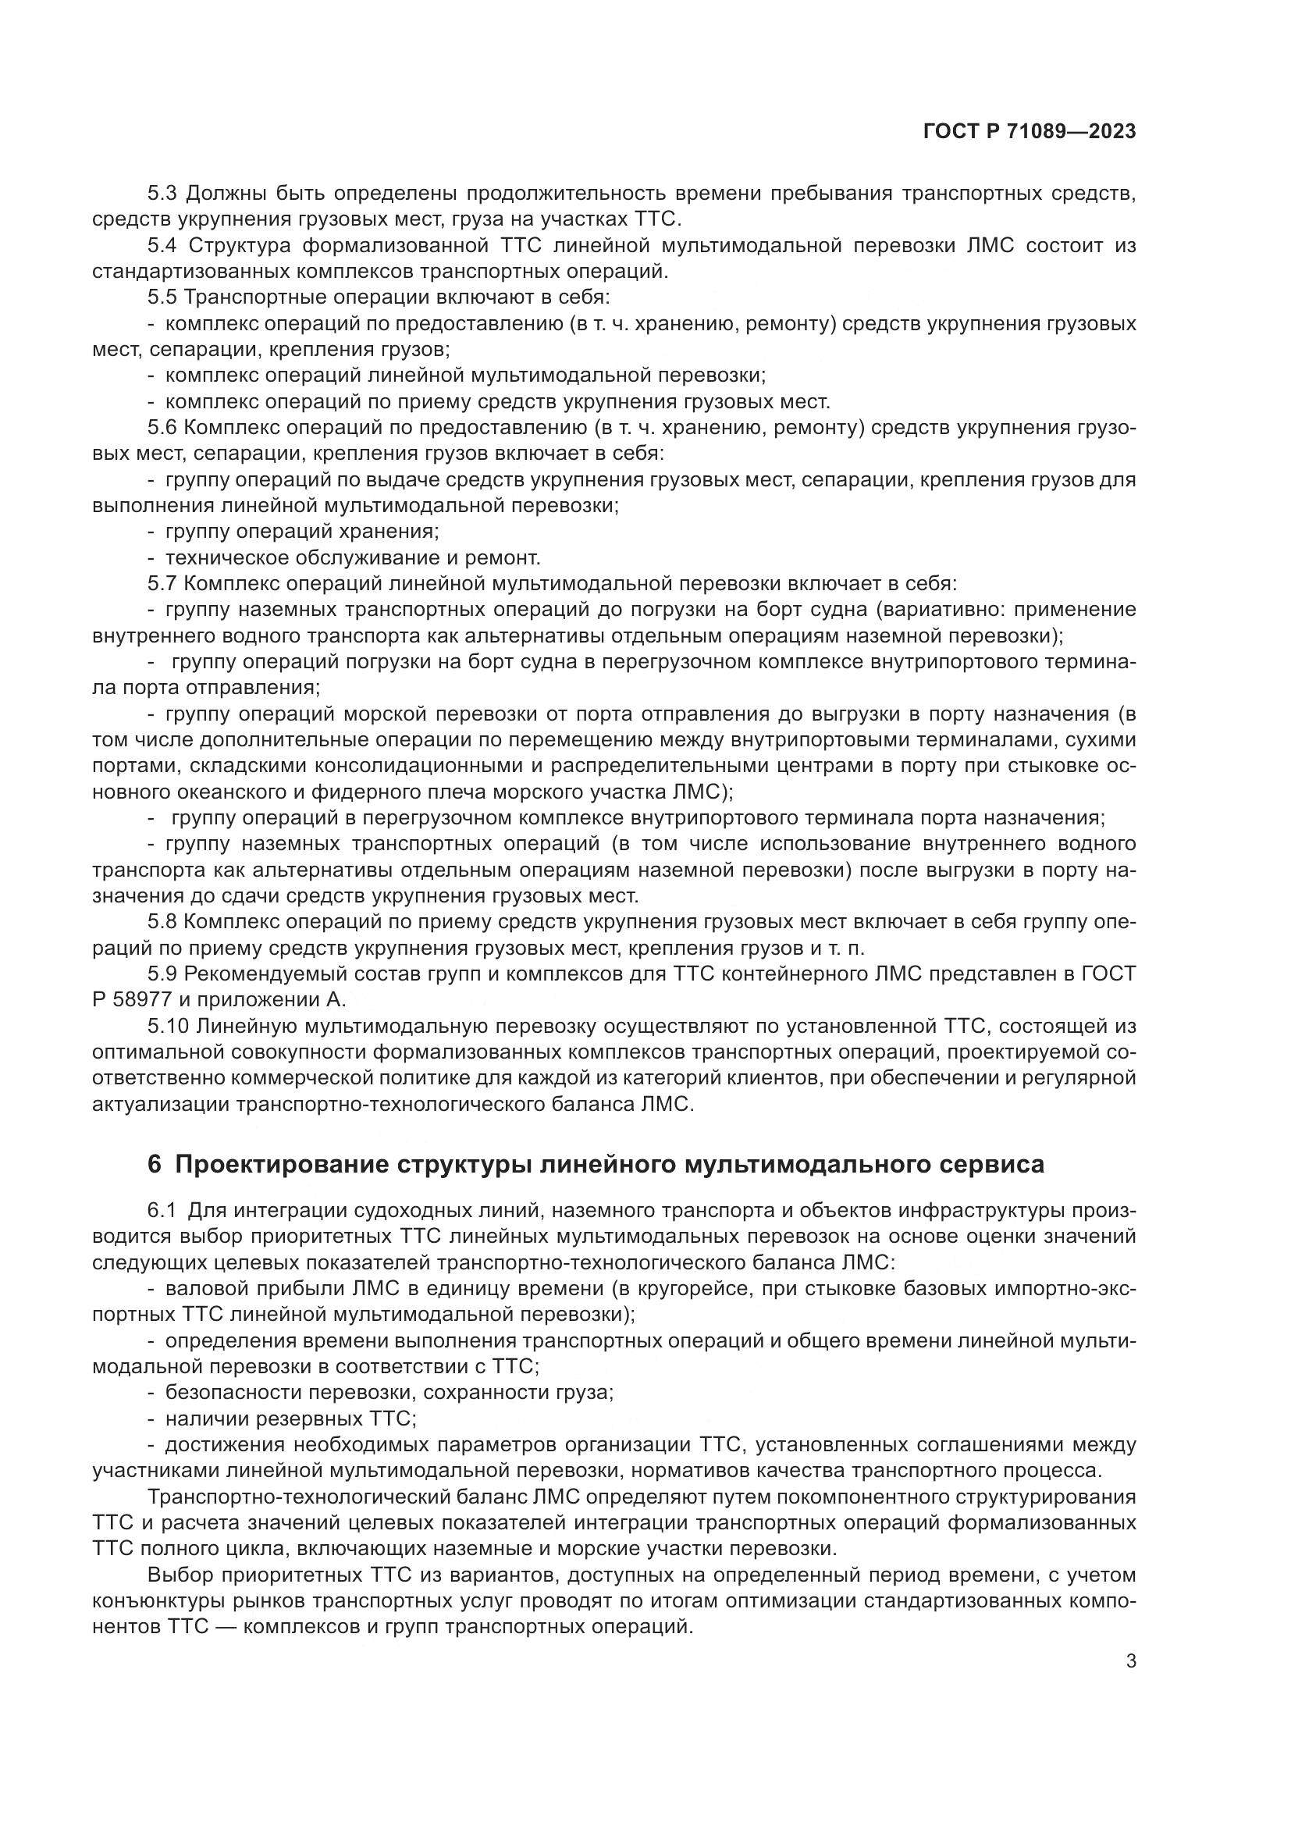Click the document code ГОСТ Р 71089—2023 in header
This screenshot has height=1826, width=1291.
(x=1030, y=132)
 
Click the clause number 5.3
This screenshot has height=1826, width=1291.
(x=162, y=194)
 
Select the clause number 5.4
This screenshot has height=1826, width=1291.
(x=162, y=245)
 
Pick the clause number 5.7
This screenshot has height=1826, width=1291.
(x=162, y=583)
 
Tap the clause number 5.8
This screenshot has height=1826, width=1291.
(x=162, y=922)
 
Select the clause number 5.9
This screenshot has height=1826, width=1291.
(x=162, y=974)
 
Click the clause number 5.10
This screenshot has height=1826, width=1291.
(x=168, y=1026)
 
